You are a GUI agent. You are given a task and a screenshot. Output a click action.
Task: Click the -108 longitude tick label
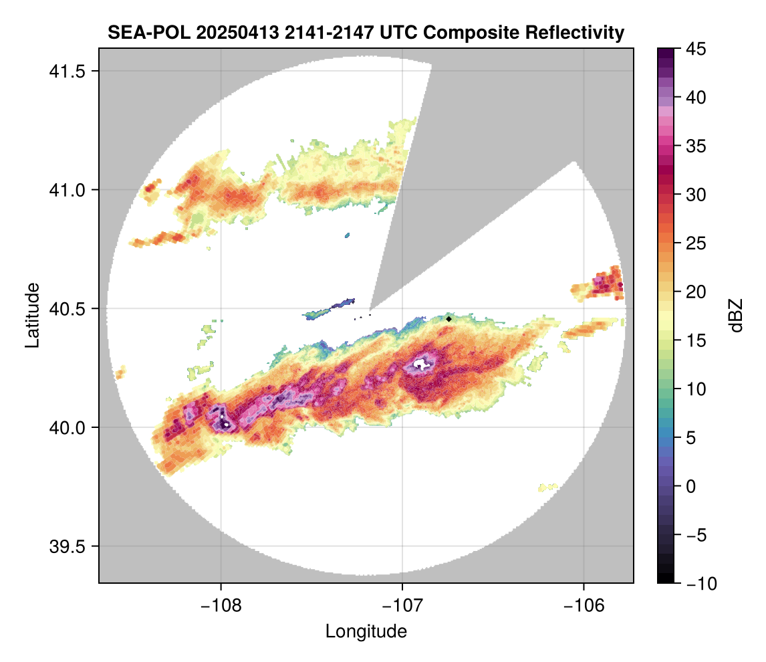(221, 606)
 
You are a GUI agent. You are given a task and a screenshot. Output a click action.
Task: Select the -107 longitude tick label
(402, 606)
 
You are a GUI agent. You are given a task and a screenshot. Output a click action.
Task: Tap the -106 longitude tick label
(584, 606)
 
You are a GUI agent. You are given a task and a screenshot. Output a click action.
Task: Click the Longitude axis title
(366, 631)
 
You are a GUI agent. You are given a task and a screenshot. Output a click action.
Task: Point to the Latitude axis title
(32, 315)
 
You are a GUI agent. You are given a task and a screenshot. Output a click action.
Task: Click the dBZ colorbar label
(736, 315)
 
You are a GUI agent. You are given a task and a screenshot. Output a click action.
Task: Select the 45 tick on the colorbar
(696, 49)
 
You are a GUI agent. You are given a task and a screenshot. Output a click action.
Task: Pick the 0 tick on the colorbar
(692, 487)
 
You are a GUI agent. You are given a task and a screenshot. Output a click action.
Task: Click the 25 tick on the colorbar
(696, 243)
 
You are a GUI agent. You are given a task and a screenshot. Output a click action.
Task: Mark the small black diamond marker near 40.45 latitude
(449, 319)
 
